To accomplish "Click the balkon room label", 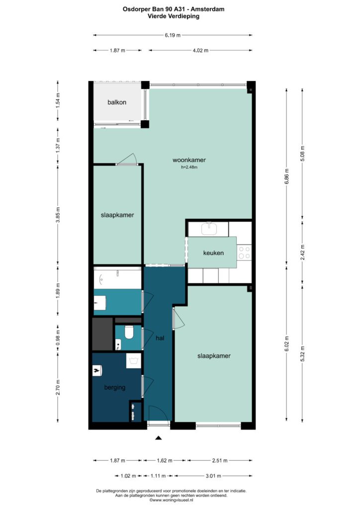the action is tap(117, 102).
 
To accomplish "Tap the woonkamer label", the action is tap(189, 160).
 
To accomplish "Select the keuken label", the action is tap(213, 253).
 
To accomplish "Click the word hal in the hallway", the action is tap(160, 338).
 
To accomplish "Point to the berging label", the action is tap(114, 388).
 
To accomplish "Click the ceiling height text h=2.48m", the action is tap(189, 168).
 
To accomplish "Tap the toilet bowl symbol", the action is tap(129, 333).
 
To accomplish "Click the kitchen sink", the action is tap(209, 229).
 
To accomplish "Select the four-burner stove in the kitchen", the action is tap(244, 253).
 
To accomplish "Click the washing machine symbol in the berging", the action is tap(133, 361).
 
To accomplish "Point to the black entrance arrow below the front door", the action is tap(159, 438).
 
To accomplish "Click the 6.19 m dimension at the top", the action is tap(173, 35).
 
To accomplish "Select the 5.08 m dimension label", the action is tap(302, 154).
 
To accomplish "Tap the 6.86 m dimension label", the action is tap(286, 176).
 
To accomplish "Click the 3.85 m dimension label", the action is tap(58, 215).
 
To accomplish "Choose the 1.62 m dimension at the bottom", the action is tap(165, 460).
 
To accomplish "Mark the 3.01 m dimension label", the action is tap(213, 476).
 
